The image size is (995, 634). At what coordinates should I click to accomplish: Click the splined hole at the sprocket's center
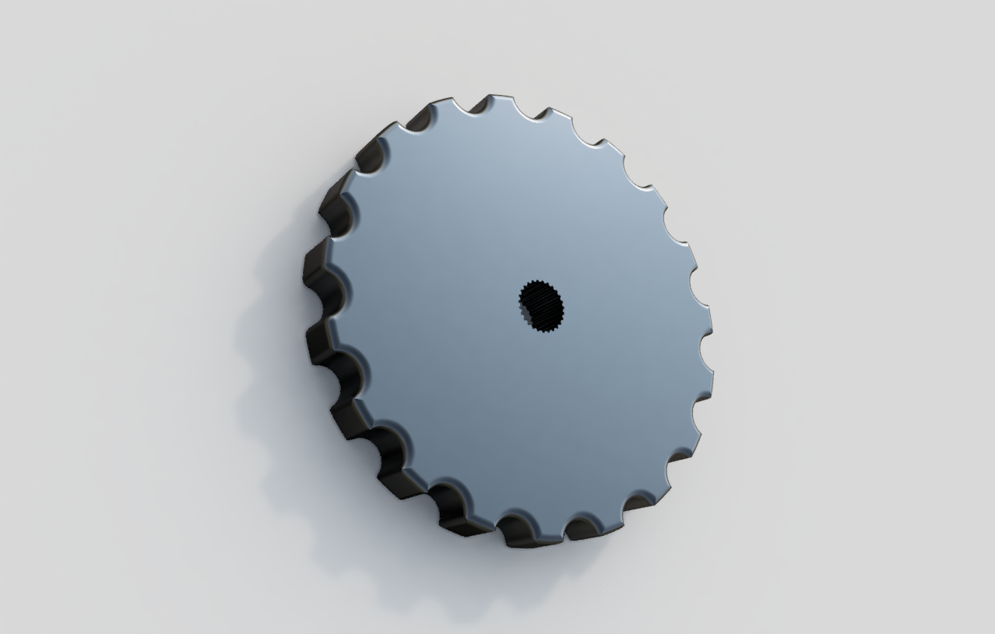541,305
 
